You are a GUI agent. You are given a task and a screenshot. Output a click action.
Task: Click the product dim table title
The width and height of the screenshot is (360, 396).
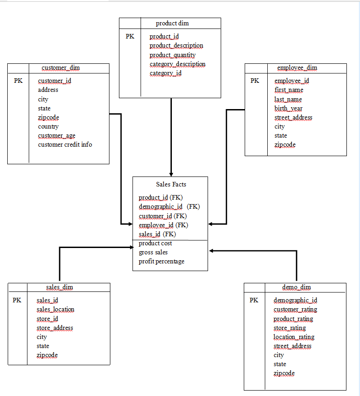click(x=172, y=23)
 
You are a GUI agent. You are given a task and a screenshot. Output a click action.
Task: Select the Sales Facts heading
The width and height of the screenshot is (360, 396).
click(x=171, y=184)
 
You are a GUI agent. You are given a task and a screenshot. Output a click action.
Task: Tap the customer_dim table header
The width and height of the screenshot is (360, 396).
click(x=61, y=68)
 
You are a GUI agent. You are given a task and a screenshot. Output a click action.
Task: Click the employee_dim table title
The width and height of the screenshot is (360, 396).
click(x=297, y=68)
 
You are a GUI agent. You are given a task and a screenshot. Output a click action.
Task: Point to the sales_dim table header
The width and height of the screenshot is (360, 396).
click(x=59, y=287)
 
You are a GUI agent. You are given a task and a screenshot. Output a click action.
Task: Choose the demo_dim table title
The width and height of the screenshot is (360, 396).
click(x=296, y=287)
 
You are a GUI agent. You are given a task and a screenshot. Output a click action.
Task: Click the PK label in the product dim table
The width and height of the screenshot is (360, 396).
click(x=130, y=36)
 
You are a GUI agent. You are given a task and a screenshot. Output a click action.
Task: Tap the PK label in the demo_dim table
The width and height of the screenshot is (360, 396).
click(x=254, y=300)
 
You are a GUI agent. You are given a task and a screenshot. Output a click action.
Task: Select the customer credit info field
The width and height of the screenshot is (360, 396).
click(x=65, y=145)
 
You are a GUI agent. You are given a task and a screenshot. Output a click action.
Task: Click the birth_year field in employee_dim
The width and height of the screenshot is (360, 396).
click(x=288, y=108)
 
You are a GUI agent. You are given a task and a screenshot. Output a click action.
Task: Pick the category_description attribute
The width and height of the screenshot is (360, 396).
click(x=177, y=64)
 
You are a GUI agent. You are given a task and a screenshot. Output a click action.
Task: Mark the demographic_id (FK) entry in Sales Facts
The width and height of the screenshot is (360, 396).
click(x=169, y=207)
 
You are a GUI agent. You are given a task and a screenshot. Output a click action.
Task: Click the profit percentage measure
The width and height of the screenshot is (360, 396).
click(x=161, y=261)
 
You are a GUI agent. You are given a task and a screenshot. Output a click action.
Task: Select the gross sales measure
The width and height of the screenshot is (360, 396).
click(x=153, y=252)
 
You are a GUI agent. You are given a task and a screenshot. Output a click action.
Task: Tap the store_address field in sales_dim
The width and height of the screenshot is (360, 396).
click(x=55, y=328)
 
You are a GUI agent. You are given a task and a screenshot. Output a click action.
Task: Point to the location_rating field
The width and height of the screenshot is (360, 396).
click(x=294, y=337)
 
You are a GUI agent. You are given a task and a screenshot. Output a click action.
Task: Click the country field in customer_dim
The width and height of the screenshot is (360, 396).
click(x=48, y=127)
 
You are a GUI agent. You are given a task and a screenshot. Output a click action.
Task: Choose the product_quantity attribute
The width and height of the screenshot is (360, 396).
click(x=172, y=55)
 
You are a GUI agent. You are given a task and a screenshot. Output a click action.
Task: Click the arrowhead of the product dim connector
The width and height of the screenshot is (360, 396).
click(x=171, y=174)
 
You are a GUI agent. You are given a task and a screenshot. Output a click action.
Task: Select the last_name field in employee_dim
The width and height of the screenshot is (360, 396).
click(x=288, y=99)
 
